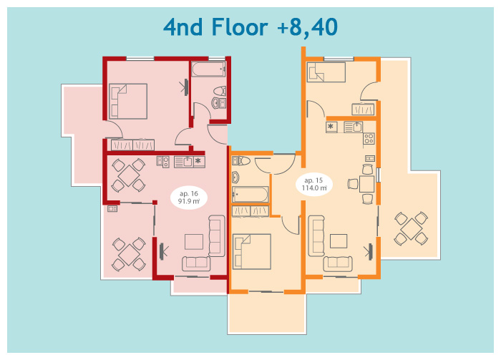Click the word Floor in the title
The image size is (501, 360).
240,26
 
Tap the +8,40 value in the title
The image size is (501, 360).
307,28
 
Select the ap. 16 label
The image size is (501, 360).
189,193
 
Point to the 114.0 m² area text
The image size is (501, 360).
314,188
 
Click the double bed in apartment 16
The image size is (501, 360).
128,101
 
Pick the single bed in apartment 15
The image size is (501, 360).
326,72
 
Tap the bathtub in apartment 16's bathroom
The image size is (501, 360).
209,69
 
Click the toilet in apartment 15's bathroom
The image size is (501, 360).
241,160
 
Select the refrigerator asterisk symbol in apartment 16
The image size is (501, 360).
198,161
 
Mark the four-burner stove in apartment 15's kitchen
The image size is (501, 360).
369,139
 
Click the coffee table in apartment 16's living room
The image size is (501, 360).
194,241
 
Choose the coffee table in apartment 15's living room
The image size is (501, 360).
339,241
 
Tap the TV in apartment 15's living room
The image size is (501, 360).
369,251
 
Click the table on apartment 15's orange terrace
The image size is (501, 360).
412,229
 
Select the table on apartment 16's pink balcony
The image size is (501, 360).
129,255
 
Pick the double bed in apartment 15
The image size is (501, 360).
252,252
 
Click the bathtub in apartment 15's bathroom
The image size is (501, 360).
250,194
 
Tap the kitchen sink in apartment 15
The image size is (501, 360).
354,127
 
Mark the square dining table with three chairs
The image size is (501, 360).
366,184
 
